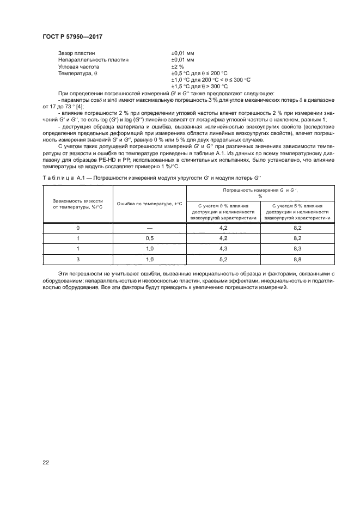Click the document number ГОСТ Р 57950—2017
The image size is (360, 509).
[x=72, y=36]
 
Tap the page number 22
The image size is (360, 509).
[x=46, y=462]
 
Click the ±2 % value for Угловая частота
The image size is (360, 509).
[x=178, y=66]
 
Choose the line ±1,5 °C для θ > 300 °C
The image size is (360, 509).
[x=199, y=86]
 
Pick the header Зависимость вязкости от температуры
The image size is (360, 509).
[x=78, y=204]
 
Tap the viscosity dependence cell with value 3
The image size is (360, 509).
[x=78, y=259]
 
